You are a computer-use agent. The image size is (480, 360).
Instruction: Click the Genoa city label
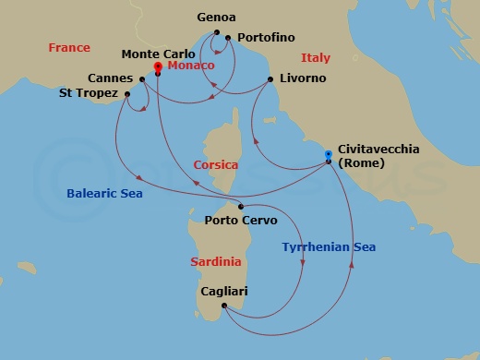coord(217,18)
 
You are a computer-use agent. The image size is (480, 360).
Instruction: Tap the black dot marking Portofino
coord(227,38)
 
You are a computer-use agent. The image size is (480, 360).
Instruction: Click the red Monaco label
coord(190,66)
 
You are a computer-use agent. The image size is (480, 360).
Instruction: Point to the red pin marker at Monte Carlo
coord(158,66)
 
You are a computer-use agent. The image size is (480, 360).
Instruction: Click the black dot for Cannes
coord(143,79)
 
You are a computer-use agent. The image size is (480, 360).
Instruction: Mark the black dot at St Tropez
coord(126,93)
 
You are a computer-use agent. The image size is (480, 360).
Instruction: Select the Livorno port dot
coord(270,79)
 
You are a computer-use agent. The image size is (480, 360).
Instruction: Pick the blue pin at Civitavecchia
coord(330,153)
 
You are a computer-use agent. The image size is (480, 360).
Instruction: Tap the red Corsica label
coord(216,164)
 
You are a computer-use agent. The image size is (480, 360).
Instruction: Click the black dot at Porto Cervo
coord(241,206)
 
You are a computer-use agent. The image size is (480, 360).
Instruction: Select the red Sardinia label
coord(216,262)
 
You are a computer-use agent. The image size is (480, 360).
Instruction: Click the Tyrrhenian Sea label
coord(330,246)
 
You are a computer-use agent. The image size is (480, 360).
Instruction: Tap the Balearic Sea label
coord(105,194)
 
